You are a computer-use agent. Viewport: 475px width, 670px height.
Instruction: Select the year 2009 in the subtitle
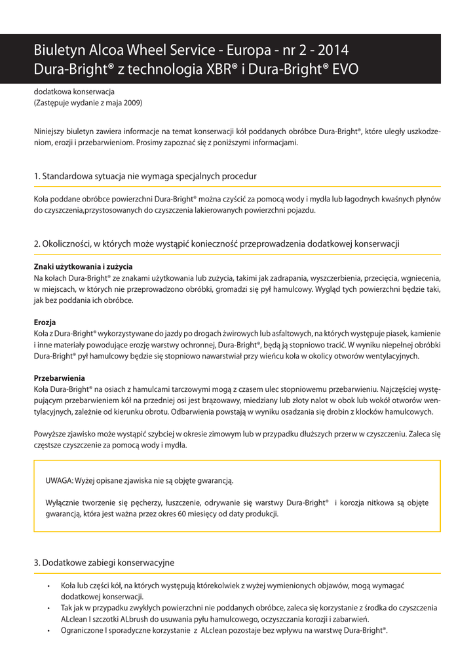pyautogui.click(x=131, y=103)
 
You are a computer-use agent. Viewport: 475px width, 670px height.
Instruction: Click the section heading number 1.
pyautogui.click(x=37, y=177)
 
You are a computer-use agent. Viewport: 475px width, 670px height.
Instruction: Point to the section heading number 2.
pyautogui.click(x=37, y=243)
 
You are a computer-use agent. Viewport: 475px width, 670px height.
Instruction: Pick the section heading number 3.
pyautogui.click(x=37, y=563)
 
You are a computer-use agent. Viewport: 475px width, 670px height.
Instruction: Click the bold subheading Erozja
pyautogui.click(x=45, y=323)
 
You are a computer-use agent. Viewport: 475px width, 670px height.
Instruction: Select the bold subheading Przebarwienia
pyautogui.click(x=59, y=378)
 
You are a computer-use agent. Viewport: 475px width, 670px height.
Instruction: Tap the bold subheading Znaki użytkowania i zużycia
pyautogui.click(x=83, y=266)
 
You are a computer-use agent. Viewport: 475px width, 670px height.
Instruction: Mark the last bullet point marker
pyautogui.click(x=48, y=631)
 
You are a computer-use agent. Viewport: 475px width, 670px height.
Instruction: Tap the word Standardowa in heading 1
pyautogui.click(x=70, y=177)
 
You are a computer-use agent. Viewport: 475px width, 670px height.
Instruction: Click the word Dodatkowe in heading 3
pyautogui.click(x=65, y=563)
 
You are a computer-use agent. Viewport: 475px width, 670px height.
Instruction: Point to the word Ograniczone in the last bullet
pyautogui.click(x=83, y=631)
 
